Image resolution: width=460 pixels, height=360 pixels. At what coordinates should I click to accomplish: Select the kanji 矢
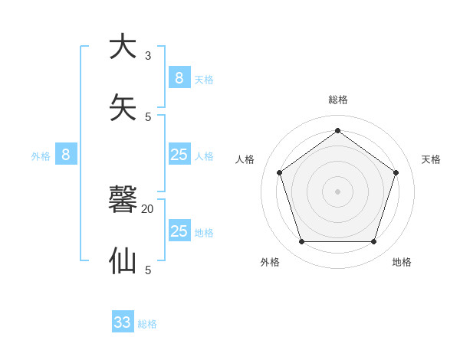(x=123, y=107)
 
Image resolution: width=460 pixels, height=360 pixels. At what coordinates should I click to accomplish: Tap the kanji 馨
(x=123, y=199)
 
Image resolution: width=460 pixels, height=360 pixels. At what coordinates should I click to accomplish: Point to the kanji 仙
(x=123, y=260)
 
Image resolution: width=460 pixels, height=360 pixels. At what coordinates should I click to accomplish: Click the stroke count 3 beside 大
(x=148, y=56)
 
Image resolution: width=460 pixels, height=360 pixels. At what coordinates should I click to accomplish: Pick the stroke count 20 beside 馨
(x=148, y=208)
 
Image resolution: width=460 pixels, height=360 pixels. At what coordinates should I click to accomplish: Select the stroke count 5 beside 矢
(x=148, y=117)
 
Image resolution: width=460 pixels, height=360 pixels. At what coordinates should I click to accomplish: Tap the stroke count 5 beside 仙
(x=148, y=270)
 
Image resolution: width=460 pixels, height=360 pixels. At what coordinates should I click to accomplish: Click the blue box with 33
(x=123, y=322)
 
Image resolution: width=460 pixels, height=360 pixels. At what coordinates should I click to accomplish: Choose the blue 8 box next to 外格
(x=66, y=155)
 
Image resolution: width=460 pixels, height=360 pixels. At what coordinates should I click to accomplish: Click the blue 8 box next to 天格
(x=179, y=78)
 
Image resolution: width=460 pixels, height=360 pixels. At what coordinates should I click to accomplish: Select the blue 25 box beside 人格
(x=179, y=155)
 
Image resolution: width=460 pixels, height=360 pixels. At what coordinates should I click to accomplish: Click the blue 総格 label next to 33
(x=147, y=324)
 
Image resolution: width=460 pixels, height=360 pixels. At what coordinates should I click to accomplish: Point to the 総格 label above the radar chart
(x=337, y=100)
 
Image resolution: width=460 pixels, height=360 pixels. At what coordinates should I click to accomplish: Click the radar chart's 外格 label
(x=270, y=262)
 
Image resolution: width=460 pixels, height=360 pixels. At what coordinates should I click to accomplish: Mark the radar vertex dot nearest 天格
(x=396, y=172)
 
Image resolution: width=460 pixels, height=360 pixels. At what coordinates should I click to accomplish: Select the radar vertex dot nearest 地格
(x=373, y=241)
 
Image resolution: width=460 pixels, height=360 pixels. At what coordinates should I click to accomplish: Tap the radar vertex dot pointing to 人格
(x=279, y=172)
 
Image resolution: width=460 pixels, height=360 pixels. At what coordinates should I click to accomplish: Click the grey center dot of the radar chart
(x=337, y=191)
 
